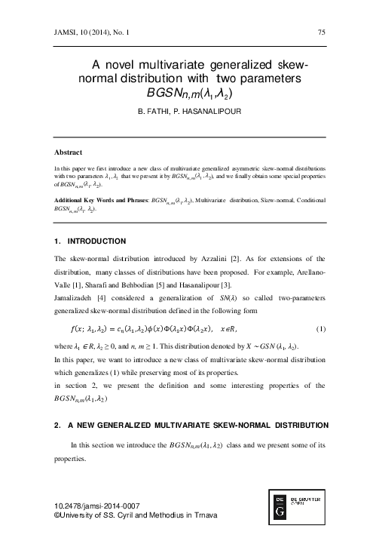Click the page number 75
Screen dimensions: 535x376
(322, 32)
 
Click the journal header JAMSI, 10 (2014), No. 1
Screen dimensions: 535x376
(86, 32)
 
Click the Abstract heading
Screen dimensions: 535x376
(62, 152)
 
